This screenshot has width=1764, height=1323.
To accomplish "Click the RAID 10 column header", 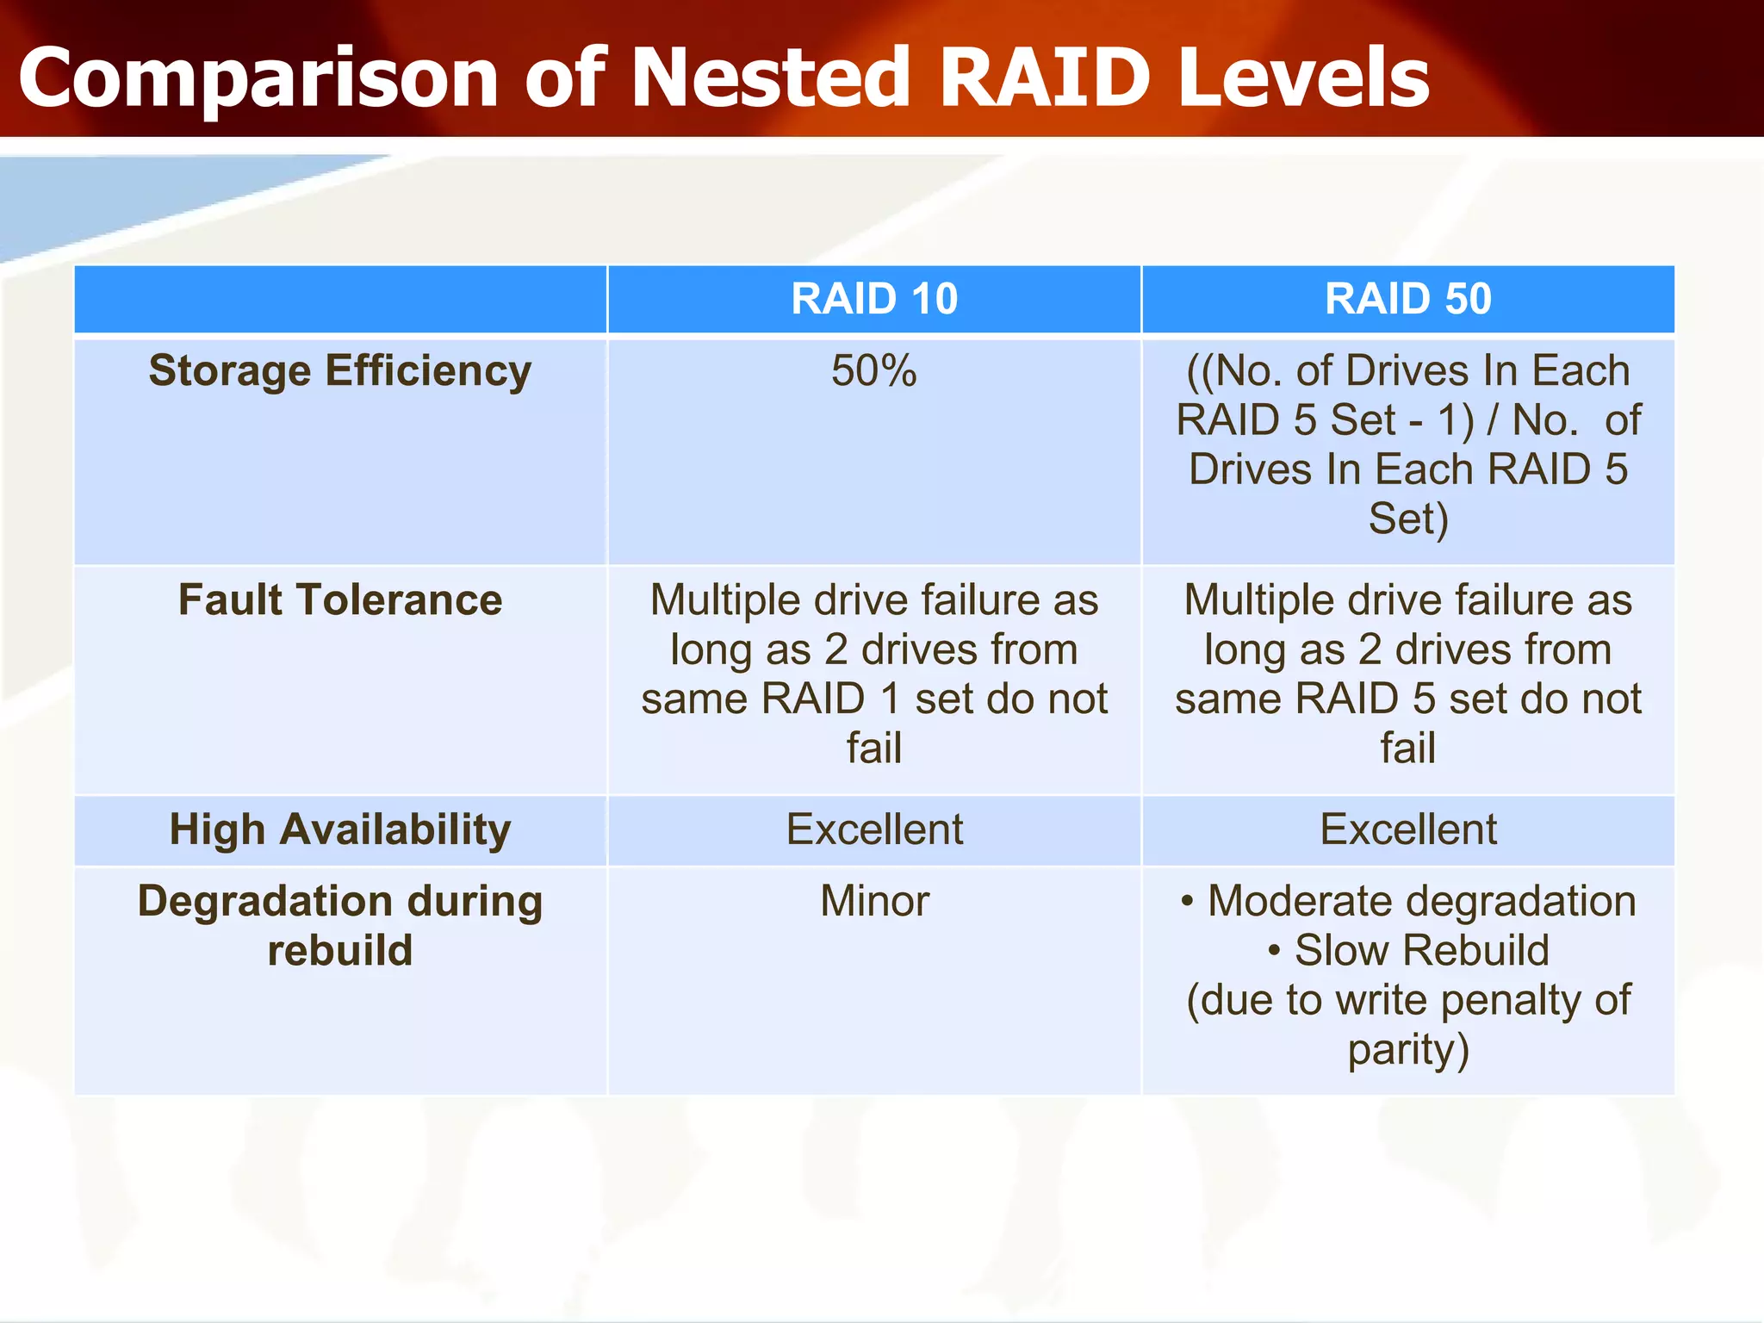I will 873,299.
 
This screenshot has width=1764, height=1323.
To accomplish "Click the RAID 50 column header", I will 1407,299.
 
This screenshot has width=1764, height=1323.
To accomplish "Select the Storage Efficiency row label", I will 339,371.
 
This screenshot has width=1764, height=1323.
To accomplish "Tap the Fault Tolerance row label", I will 339,599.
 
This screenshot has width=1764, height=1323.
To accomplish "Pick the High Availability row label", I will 339,829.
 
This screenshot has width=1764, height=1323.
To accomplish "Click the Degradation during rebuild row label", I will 339,925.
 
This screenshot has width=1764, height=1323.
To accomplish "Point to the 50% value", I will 873,371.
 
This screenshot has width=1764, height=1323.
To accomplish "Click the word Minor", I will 874,902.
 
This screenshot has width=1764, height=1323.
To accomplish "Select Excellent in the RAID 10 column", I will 874,829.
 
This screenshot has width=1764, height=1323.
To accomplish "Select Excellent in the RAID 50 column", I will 1408,829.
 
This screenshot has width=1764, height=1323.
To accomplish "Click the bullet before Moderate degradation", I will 1187,902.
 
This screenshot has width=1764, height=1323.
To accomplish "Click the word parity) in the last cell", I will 1408,1050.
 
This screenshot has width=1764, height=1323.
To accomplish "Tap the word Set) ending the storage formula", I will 1408,519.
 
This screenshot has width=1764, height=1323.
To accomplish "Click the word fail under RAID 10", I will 874,748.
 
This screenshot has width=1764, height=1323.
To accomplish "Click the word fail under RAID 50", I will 1408,748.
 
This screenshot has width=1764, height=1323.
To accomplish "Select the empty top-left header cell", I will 339,299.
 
